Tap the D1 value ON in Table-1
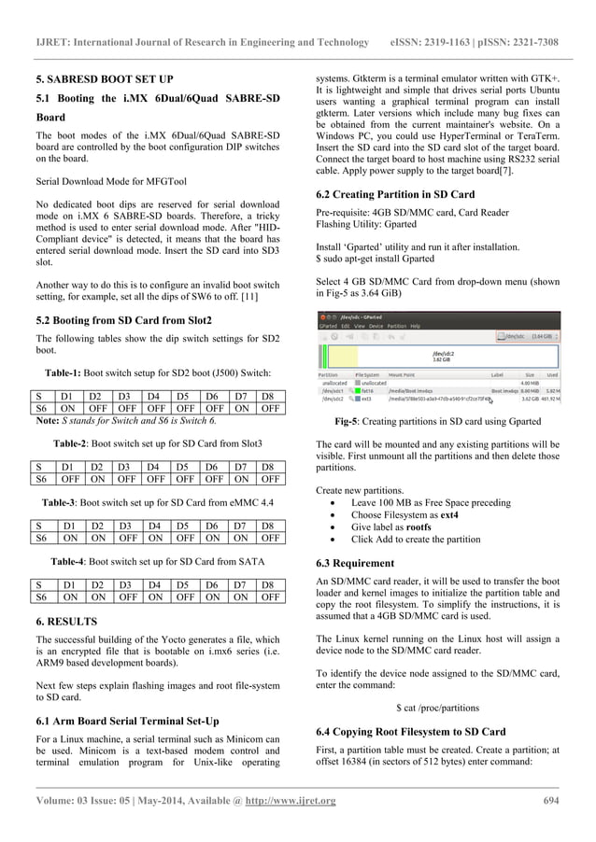[x=69, y=407]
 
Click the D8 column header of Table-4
[x=270, y=585]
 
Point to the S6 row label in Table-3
[x=41, y=538]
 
